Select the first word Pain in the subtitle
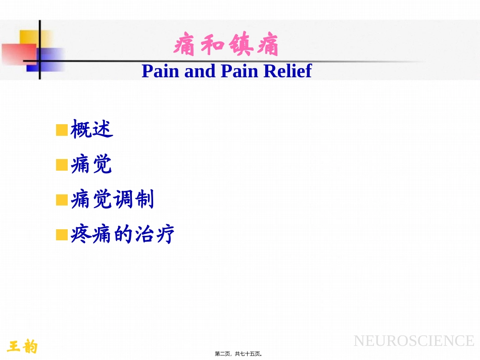pyautogui.click(x=161, y=71)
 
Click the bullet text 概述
pyautogui.click(x=91, y=130)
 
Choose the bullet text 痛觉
pyautogui.click(x=91, y=165)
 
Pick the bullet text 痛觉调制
pyautogui.click(x=112, y=200)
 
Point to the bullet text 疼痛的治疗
pyautogui.click(x=123, y=235)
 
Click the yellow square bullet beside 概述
pyautogui.click(x=62, y=130)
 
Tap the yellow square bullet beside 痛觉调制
pyautogui.click(x=62, y=200)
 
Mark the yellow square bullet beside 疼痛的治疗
pyautogui.click(x=62, y=235)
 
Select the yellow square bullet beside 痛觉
pyautogui.click(x=62, y=165)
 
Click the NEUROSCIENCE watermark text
pyautogui.click(x=414, y=341)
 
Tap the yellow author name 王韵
pyautogui.click(x=23, y=346)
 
